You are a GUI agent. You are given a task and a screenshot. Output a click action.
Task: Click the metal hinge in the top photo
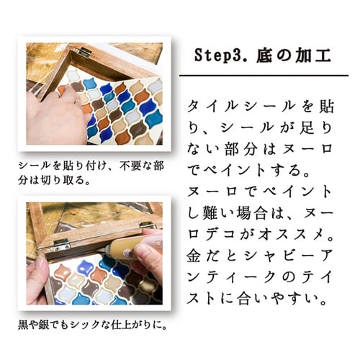(x=84, y=52)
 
